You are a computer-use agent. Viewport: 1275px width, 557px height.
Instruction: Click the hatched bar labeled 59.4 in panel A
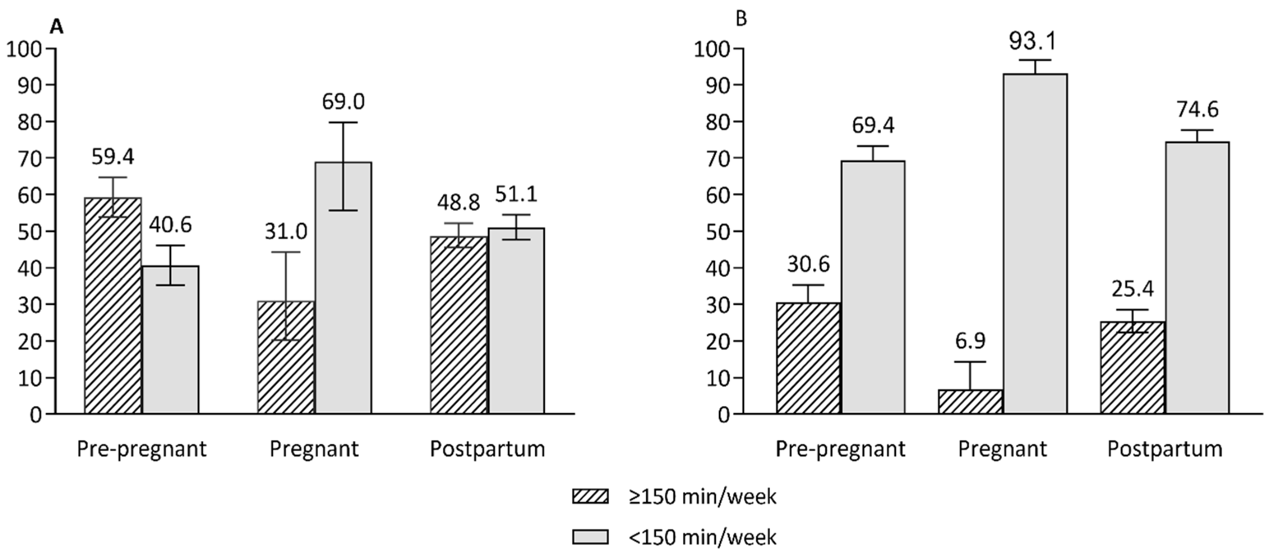[113, 307]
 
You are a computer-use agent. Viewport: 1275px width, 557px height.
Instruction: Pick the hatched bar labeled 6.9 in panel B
[970, 402]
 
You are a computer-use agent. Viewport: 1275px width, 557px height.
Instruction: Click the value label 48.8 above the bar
[458, 203]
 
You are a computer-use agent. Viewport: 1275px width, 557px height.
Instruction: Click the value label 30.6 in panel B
[808, 264]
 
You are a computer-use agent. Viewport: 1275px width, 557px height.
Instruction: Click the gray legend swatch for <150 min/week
[590, 537]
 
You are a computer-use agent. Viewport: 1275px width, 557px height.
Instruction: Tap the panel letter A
[57, 27]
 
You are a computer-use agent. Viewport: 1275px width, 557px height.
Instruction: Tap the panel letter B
[741, 19]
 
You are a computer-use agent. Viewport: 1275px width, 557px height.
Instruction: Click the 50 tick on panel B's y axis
[718, 232]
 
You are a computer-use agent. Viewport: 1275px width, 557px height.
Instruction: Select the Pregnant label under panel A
[314, 449]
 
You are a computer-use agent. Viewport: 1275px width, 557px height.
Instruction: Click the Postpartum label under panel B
[1164, 449]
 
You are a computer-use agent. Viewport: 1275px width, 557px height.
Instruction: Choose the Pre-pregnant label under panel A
[142, 449]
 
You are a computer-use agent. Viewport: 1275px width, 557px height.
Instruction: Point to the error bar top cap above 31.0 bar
[286, 252]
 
